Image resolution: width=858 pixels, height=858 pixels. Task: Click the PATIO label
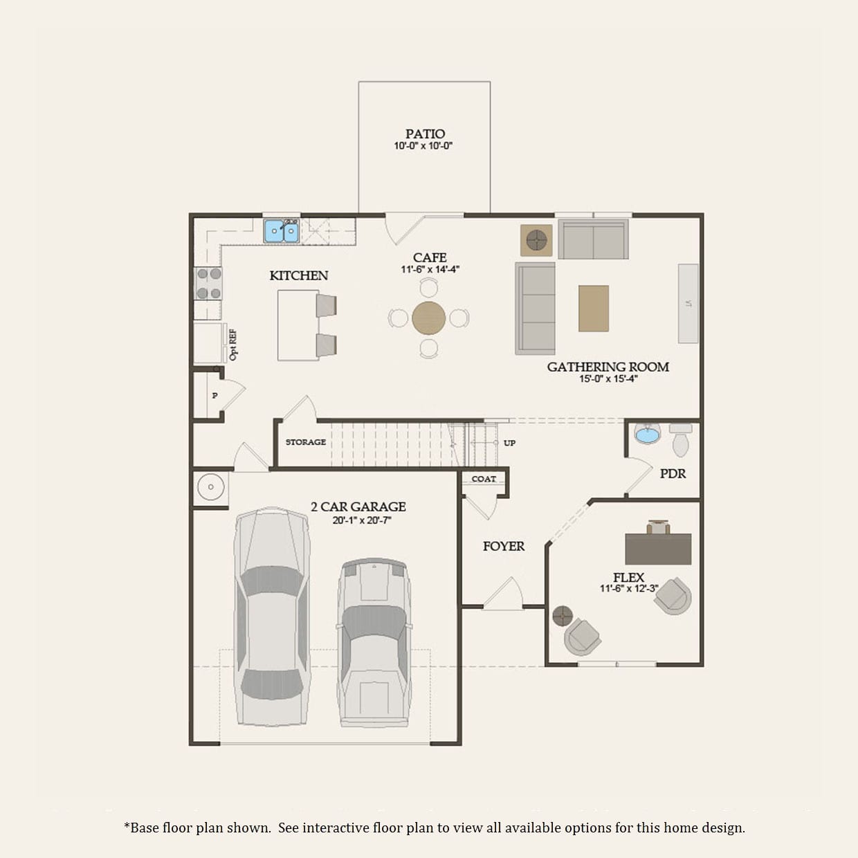click(x=425, y=134)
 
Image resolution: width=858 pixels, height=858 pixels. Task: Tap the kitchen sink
click(x=282, y=231)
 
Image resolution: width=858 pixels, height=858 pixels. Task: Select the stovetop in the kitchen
click(x=208, y=283)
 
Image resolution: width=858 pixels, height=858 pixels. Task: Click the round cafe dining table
click(x=428, y=318)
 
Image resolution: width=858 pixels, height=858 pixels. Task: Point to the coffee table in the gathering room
click(x=594, y=309)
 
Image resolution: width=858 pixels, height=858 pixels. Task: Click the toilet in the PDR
click(x=681, y=440)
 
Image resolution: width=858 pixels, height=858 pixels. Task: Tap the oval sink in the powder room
click(x=648, y=435)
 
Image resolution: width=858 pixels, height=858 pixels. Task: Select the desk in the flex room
click(x=658, y=549)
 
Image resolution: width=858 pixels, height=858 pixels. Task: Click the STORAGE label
click(x=306, y=442)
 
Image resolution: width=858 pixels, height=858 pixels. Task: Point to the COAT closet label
click(x=484, y=479)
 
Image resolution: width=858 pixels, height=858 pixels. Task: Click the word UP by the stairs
click(x=509, y=443)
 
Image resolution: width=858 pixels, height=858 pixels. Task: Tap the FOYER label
click(x=504, y=546)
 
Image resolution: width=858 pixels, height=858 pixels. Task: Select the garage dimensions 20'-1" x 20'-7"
click(x=361, y=520)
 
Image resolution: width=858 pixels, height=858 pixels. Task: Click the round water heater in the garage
click(x=210, y=486)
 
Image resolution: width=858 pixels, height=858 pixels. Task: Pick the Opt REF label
click(x=232, y=345)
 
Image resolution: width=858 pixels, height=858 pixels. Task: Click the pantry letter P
click(x=214, y=396)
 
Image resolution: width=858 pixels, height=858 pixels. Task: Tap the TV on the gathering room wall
click(x=688, y=303)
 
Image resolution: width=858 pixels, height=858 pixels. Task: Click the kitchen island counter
click(x=298, y=325)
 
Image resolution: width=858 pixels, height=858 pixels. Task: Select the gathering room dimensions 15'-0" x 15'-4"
click(x=608, y=379)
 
